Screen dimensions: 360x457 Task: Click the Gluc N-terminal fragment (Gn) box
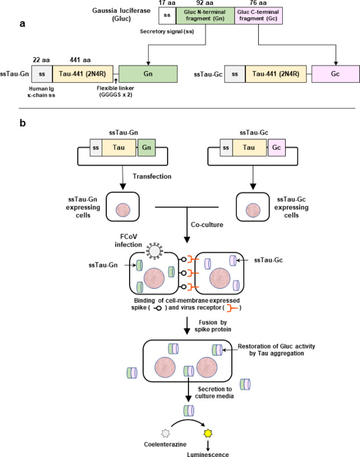[x=205, y=16]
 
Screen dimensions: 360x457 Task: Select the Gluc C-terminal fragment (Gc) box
[x=258, y=16]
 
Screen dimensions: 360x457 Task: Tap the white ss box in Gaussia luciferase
[x=168, y=16]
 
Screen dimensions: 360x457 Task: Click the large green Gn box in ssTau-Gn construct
[x=148, y=74]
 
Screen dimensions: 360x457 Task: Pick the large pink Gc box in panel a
[x=335, y=74]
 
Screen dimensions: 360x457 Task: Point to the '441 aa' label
[x=80, y=60]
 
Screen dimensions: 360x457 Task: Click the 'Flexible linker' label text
[x=116, y=88]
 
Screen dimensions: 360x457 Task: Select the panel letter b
[x=22, y=123]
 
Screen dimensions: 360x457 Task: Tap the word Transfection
[x=152, y=177]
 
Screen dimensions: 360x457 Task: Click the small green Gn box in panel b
[x=146, y=147]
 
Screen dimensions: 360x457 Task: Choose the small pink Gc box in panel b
[x=277, y=147]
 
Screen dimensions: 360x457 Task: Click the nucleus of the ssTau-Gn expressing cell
[x=123, y=210]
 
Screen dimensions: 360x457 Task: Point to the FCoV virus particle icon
[x=155, y=251]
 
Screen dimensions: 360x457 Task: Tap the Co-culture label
[x=207, y=225]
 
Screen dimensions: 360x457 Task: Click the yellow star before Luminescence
[x=208, y=433]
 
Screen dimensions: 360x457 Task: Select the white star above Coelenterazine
[x=165, y=433]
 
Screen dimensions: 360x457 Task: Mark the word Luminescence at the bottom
[x=208, y=454]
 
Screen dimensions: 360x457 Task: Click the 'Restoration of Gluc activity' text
[x=276, y=346]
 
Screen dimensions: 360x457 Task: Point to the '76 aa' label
[x=258, y=3]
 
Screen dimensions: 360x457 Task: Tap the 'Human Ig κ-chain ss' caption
[x=41, y=92]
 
